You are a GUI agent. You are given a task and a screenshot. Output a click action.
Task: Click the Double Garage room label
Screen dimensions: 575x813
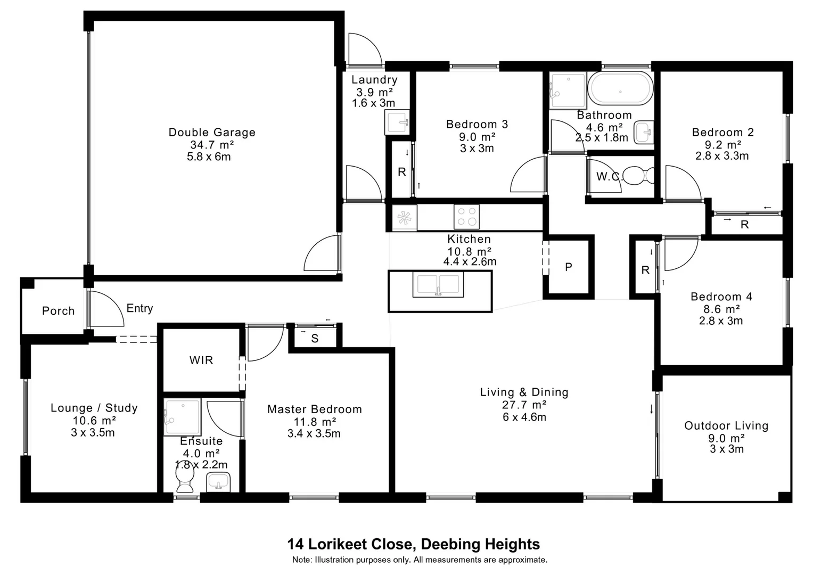pyautogui.click(x=212, y=133)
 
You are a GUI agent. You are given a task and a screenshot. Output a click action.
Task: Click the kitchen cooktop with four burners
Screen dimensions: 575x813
pyautogui.click(x=466, y=217)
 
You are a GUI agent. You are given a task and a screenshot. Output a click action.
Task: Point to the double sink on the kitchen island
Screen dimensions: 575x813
pyautogui.click(x=438, y=285)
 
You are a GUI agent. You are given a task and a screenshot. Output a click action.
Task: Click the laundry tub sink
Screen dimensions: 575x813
pyautogui.click(x=397, y=123)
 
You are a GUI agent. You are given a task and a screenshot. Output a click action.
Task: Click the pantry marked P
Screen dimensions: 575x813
pyautogui.click(x=568, y=267)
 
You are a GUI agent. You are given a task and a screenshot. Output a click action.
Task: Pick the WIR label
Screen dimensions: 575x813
pyautogui.click(x=201, y=360)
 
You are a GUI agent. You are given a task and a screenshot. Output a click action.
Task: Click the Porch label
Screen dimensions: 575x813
pyautogui.click(x=58, y=311)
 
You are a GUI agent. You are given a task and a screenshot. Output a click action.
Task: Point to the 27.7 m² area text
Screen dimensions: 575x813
pyautogui.click(x=524, y=405)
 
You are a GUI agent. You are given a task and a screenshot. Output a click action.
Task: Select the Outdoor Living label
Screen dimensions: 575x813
pyautogui.click(x=726, y=425)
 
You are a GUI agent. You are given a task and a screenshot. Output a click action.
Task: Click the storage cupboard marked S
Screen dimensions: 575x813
pyautogui.click(x=315, y=339)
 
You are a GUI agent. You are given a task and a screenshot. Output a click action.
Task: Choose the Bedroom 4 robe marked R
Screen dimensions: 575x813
pyautogui.click(x=645, y=270)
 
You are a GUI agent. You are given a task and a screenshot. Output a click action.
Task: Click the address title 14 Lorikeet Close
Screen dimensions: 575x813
pyautogui.click(x=413, y=544)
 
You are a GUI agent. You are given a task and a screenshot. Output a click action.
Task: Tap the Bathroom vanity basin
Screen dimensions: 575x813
pyautogui.click(x=643, y=132)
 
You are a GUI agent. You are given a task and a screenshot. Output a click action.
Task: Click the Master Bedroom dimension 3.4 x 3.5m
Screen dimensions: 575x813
pyautogui.click(x=314, y=433)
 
